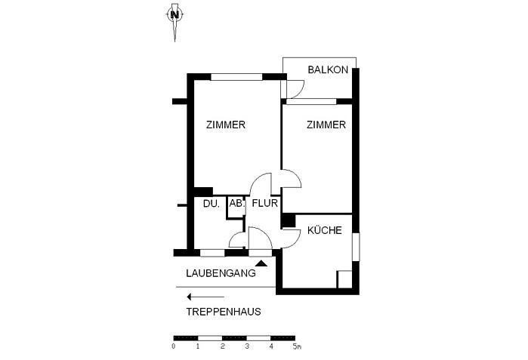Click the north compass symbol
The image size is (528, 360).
174,15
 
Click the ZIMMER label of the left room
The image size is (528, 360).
226,125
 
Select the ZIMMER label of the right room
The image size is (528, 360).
326,125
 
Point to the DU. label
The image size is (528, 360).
212,204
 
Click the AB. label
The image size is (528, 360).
236,204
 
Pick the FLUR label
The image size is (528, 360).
264,203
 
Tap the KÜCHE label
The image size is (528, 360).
325,230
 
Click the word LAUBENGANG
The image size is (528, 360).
221,273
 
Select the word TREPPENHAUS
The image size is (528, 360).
224,312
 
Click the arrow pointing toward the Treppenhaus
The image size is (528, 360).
205,297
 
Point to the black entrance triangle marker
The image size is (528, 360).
261,263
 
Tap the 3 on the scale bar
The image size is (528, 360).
247,346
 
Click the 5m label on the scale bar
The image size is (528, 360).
297,346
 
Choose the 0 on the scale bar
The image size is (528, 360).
174,346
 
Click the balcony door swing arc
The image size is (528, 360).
299,91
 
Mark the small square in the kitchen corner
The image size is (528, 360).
344,279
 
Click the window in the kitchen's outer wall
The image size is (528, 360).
356,247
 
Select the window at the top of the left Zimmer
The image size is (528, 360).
236,77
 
